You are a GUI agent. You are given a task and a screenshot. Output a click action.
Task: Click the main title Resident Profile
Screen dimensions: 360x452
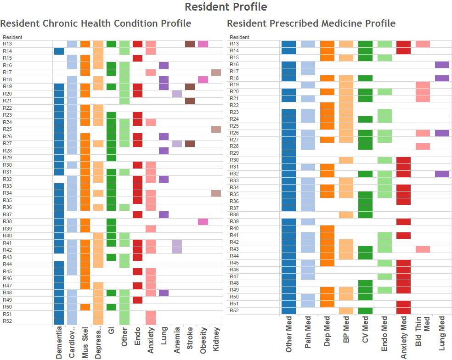(226, 7)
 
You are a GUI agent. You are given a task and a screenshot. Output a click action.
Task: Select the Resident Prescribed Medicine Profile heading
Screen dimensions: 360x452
(311, 23)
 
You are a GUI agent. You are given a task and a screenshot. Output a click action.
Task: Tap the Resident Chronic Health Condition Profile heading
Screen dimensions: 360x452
(96, 23)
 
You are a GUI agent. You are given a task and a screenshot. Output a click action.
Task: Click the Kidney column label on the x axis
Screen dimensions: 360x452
(216, 342)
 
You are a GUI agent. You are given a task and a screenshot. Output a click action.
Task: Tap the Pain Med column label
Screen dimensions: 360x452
(308, 337)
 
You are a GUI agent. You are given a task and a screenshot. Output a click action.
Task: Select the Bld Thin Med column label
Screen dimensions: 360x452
(423, 337)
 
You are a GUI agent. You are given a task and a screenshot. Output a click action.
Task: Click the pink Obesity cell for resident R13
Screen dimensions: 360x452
(203, 44)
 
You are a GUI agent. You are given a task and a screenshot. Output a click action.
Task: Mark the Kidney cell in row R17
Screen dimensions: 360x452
(216, 73)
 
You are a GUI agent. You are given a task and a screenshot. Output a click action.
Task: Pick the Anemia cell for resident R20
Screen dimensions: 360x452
(177, 94)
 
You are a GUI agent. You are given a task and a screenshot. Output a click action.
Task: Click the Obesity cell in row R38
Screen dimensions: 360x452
(203, 222)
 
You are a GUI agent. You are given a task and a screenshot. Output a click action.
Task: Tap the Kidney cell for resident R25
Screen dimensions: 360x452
(216, 129)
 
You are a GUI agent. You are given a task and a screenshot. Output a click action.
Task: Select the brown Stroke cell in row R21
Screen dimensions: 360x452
(190, 101)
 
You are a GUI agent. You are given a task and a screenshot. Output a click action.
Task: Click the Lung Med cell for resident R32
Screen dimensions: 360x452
(442, 174)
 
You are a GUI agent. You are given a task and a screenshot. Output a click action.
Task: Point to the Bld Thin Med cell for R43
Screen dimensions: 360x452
(423, 249)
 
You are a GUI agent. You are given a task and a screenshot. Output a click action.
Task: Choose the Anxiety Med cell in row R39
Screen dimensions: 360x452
(403, 222)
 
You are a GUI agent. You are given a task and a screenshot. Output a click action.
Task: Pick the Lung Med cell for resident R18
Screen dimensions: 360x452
(442, 78)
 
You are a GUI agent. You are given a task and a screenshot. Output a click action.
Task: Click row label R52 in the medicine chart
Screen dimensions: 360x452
(234, 311)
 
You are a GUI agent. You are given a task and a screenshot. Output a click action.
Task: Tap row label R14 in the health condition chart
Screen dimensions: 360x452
(7, 51)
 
